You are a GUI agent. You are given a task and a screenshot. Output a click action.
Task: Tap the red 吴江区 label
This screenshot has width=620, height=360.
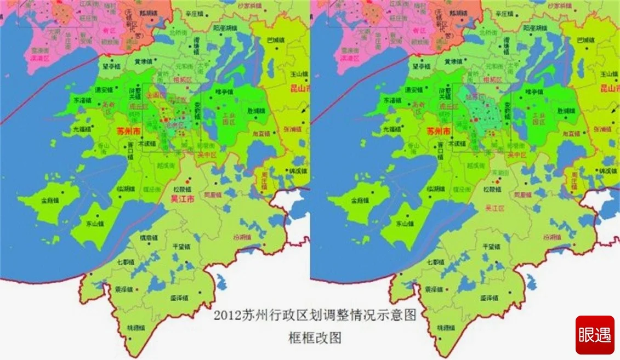point(495,208)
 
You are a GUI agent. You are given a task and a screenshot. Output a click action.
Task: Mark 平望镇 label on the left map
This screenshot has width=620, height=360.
point(180,247)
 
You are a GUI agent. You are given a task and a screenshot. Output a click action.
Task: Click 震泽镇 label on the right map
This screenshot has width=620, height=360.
point(434,289)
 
